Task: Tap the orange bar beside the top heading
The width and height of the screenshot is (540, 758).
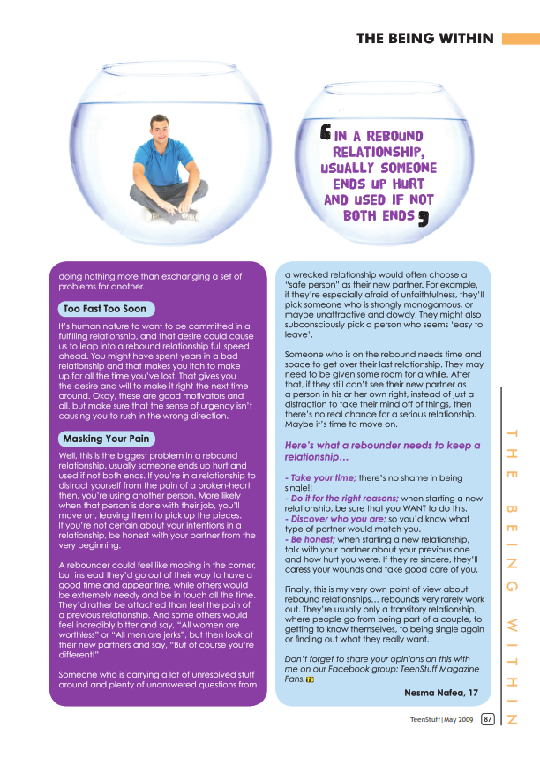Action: [x=520, y=38]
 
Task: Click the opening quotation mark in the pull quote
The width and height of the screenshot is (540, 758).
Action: [x=325, y=134]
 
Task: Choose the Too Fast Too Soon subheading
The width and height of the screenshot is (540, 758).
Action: [x=103, y=309]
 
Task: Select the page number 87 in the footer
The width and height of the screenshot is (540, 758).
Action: [x=487, y=719]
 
